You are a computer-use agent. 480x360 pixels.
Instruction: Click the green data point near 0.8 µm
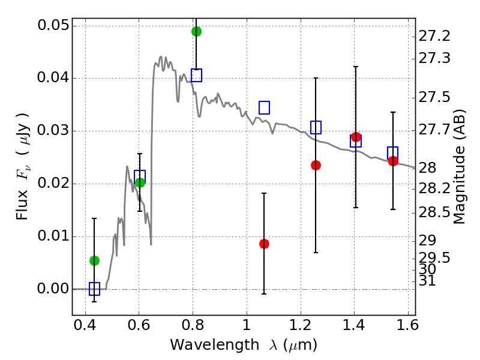pos(196,31)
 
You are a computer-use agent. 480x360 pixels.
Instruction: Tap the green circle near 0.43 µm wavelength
pos(94,260)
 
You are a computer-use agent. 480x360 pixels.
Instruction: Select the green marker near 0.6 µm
pos(140,182)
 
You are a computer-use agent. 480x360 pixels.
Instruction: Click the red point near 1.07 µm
pos(264,244)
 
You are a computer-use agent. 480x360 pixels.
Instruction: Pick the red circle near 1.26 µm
pos(316,165)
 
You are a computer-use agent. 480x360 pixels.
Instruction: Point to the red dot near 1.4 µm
pos(356,137)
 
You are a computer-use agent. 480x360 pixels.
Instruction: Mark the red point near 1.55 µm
pos(393,161)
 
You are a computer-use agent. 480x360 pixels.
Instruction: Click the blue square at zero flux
pos(94,289)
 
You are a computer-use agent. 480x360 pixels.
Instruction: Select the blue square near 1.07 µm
pos(264,107)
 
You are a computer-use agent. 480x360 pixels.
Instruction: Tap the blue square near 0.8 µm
pos(196,75)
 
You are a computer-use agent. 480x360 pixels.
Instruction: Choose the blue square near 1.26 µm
pos(316,127)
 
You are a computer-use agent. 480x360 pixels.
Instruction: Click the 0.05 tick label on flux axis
pos(52,26)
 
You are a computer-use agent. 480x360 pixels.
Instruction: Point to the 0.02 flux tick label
pos(52,184)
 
